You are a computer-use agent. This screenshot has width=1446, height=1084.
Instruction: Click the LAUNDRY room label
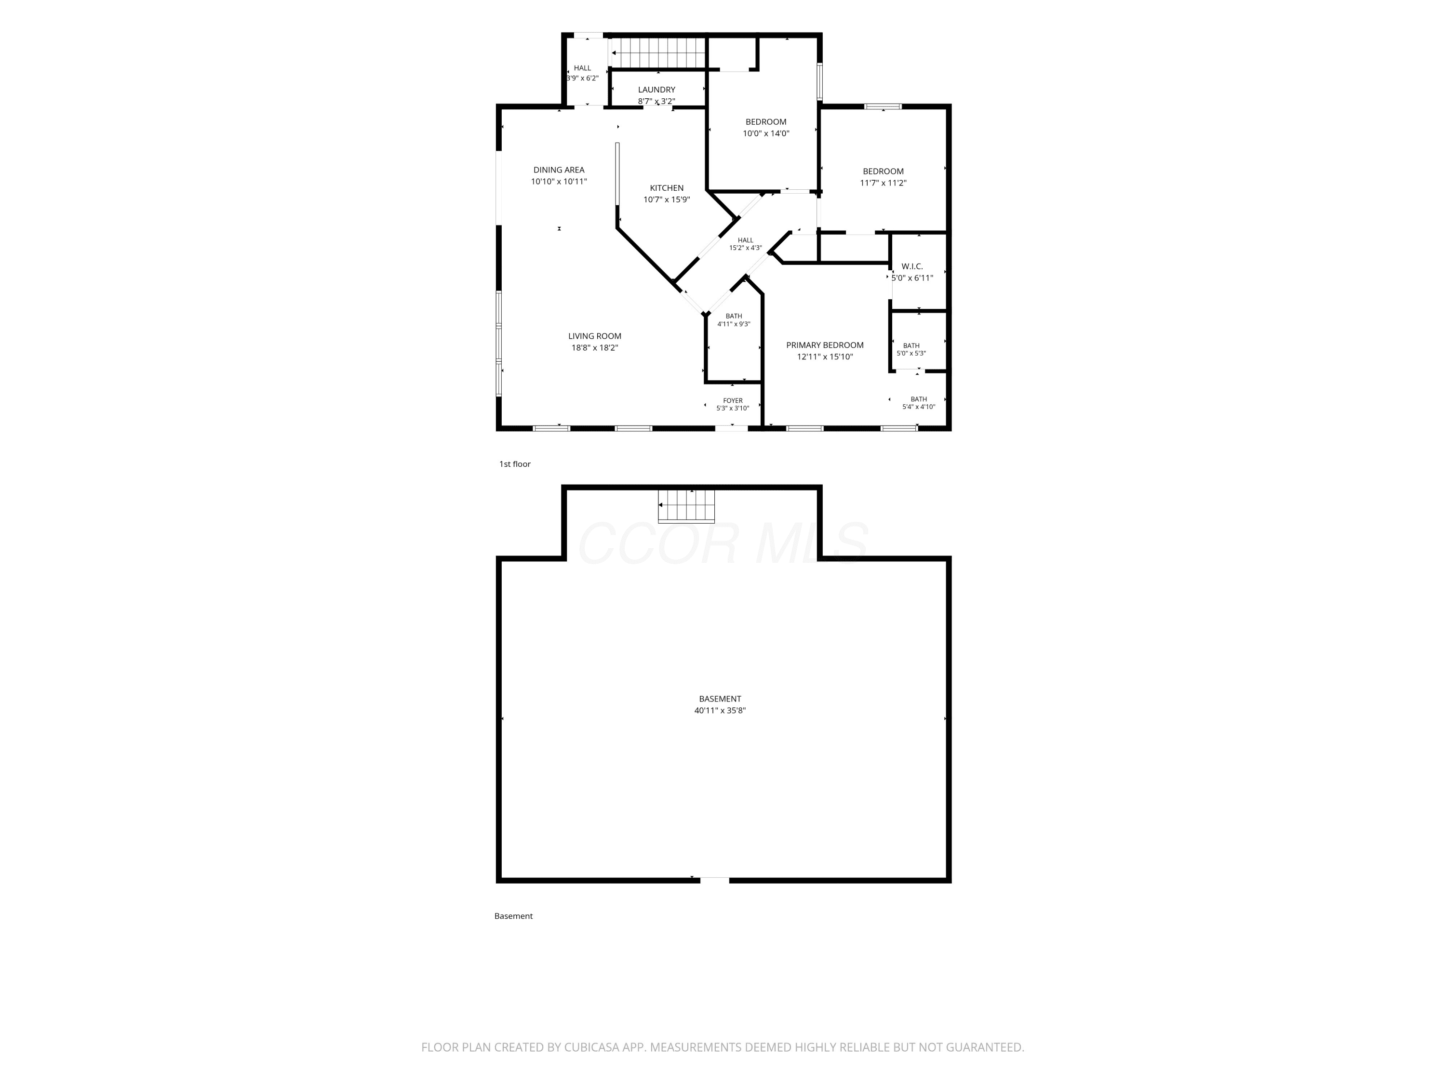pos(656,90)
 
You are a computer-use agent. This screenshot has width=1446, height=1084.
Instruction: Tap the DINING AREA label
pos(559,171)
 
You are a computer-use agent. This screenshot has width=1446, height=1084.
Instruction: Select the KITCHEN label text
pos(667,188)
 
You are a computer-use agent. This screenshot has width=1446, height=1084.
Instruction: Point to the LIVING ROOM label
pos(595,336)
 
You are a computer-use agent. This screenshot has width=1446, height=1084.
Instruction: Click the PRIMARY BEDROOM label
pos(825,345)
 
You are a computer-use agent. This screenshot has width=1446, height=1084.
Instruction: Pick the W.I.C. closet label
pos(912,266)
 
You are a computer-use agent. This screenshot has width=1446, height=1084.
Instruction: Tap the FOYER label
pos(733,400)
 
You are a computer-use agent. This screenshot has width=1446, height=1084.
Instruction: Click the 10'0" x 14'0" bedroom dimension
pos(766,134)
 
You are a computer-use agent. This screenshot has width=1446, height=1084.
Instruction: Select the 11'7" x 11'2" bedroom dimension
pos(883,184)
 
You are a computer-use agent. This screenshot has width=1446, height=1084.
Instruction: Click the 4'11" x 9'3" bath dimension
pos(734,324)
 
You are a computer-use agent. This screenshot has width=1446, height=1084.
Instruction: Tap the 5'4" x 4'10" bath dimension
pos(919,407)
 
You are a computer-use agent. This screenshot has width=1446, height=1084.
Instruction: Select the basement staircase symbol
pos(686,506)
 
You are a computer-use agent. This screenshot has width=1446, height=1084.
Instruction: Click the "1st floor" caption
pos(515,464)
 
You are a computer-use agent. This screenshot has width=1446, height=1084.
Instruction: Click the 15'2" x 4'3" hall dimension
pos(745,248)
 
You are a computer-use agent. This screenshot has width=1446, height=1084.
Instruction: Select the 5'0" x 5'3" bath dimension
pos(911,354)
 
